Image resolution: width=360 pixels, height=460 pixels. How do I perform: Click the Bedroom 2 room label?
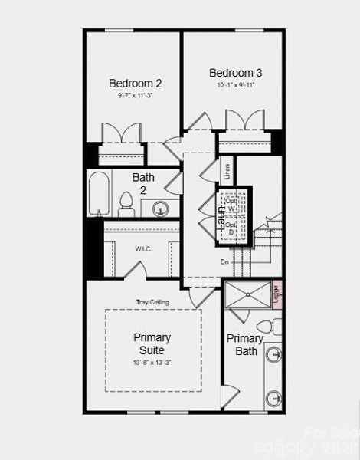(135, 83)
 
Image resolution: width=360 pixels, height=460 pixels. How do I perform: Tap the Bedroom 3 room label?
(236, 73)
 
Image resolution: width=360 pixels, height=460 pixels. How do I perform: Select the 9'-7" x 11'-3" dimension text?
(135, 96)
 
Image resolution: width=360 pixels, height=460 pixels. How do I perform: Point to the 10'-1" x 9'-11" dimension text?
(236, 85)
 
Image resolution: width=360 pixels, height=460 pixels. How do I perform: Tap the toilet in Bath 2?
(126, 204)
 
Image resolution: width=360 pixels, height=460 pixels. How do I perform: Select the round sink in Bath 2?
(161, 207)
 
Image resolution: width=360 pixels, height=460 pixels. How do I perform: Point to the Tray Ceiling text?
(153, 302)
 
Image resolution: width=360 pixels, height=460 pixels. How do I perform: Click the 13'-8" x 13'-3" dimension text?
(152, 362)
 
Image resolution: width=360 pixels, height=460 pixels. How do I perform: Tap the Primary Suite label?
(152, 343)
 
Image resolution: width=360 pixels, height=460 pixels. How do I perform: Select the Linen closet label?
(227, 171)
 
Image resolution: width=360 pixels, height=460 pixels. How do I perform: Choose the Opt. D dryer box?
(232, 228)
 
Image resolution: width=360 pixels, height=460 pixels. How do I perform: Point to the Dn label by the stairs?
(224, 262)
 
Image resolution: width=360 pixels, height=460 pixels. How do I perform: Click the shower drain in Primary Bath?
(248, 294)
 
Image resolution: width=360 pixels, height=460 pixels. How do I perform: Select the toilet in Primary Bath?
(271, 328)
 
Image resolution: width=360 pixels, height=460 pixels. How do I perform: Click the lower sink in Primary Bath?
(273, 399)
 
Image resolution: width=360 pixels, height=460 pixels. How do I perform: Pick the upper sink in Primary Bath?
(273, 354)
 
